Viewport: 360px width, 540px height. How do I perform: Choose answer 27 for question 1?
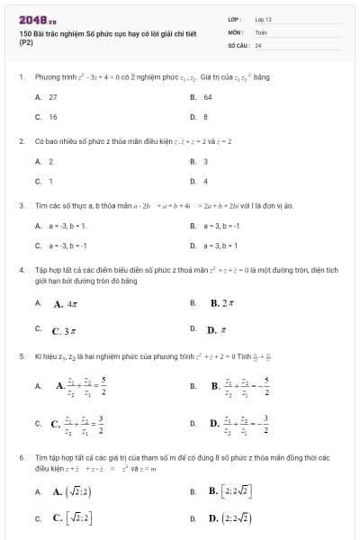click(53, 97)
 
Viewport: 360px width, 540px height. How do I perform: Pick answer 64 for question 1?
click(208, 97)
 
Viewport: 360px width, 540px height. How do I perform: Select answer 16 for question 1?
click(53, 117)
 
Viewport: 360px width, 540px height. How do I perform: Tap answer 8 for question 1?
click(205, 117)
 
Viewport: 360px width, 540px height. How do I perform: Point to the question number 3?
click(21, 205)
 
